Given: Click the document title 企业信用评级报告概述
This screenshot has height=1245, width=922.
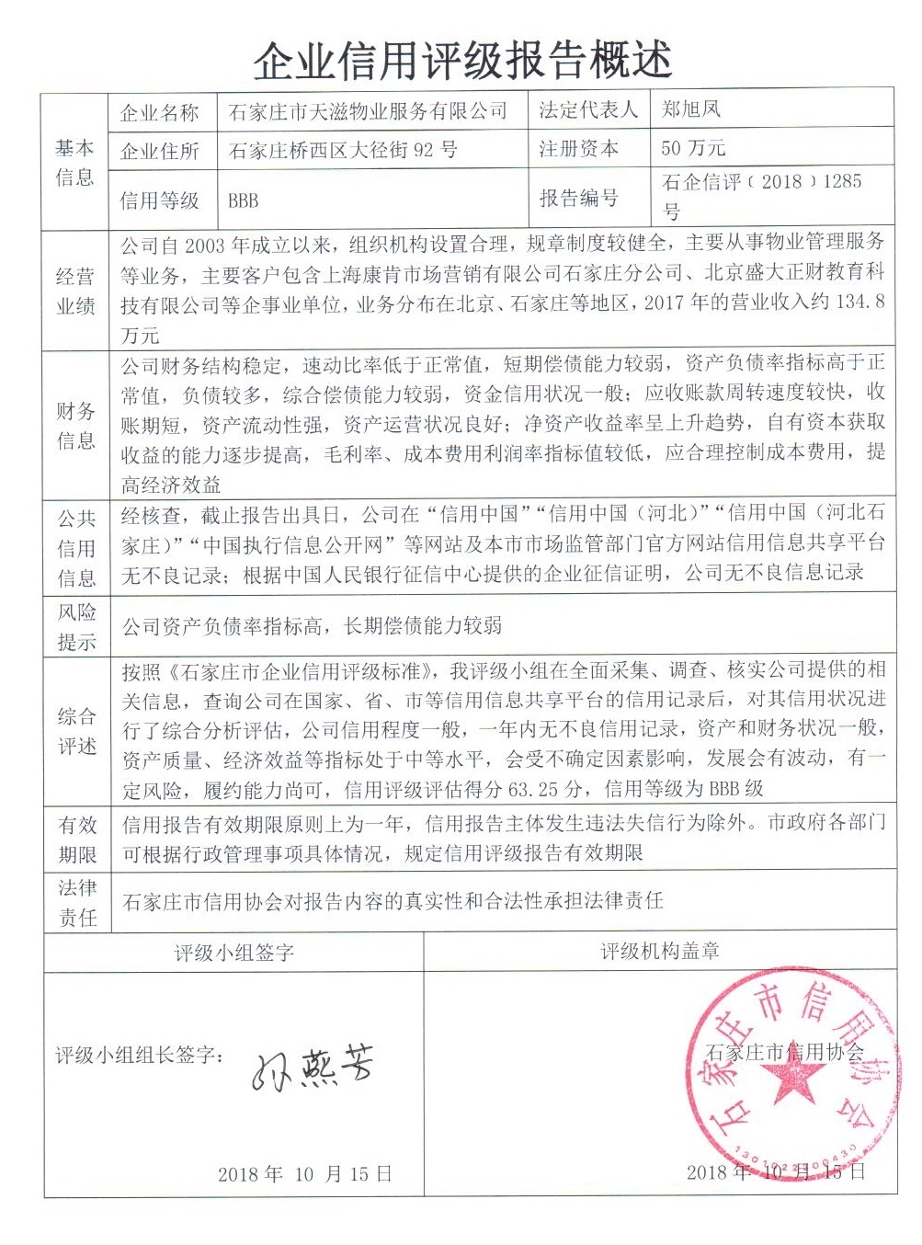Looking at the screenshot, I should (x=462, y=61).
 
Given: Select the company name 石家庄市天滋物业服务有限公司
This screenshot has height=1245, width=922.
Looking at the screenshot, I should (x=368, y=112).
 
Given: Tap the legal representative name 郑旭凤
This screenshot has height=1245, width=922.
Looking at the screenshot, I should (x=690, y=110).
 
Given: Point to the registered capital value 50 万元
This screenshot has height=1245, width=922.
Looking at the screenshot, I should (x=693, y=148).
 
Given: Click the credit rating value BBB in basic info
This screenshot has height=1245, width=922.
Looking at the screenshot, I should (x=244, y=200).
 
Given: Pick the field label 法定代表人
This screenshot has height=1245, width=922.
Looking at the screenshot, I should (x=587, y=110).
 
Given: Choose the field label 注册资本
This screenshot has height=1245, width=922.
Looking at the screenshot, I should (x=578, y=148).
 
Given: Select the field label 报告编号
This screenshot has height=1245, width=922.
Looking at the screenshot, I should (x=578, y=198).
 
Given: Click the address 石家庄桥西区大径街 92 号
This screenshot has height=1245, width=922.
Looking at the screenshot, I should (x=343, y=150).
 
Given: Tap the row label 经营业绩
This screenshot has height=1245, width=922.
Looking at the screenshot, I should (x=75, y=291).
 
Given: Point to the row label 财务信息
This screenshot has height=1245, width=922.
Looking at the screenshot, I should (x=75, y=425).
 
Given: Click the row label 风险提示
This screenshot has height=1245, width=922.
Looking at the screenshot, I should (x=76, y=626).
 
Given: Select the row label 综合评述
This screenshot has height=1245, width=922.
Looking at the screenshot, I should (x=76, y=731).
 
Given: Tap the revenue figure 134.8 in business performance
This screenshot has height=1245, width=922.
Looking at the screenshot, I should (x=859, y=302).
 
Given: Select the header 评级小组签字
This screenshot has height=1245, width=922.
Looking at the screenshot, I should (x=233, y=953).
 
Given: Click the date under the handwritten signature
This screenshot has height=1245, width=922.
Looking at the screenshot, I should (x=304, y=1173).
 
